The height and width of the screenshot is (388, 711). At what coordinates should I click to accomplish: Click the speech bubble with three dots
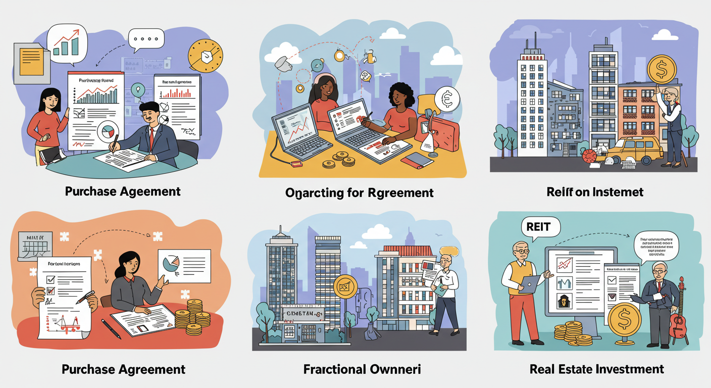[x=146, y=39]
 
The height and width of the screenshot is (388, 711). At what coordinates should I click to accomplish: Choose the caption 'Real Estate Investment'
[x=597, y=369]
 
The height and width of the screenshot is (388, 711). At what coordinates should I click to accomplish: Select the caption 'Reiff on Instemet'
[x=595, y=191]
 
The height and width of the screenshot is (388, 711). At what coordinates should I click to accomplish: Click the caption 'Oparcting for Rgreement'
[x=360, y=192]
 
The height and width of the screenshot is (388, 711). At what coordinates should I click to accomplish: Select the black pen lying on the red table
[x=111, y=328]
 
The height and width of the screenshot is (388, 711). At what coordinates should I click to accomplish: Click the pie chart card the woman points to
[x=184, y=262]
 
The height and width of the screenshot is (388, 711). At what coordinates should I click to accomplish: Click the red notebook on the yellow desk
[x=417, y=160]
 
